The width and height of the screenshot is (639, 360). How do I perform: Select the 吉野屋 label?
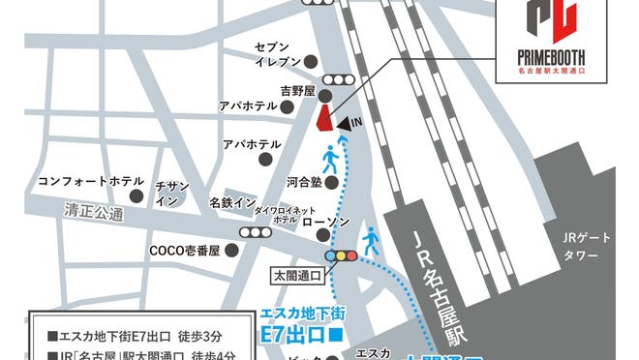click(x=272, y=91)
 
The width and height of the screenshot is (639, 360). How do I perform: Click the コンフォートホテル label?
click(x=91, y=181)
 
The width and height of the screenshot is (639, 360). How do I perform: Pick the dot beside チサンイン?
click(x=137, y=195)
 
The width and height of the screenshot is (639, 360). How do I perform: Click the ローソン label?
click(x=319, y=223)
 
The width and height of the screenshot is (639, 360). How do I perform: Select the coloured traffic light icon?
click(x=342, y=255)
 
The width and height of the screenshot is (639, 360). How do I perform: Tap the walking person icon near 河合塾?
click(x=329, y=158)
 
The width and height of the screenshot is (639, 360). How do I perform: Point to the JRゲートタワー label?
click(x=587, y=248)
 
